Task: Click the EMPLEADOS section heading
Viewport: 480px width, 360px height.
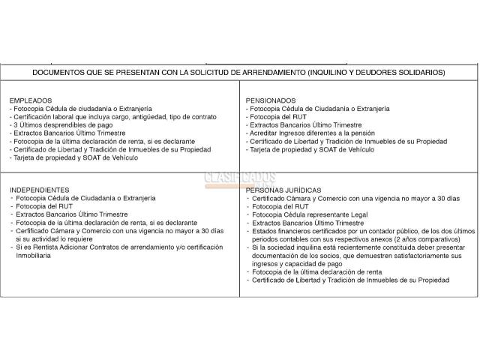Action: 31,100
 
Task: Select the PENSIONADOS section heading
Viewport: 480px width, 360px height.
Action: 271,100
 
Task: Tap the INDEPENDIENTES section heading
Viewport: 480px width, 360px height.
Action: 40,190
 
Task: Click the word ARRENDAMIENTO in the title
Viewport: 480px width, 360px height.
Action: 262,73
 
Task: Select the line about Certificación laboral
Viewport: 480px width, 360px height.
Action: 112,117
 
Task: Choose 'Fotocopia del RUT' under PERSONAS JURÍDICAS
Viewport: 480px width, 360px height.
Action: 280,206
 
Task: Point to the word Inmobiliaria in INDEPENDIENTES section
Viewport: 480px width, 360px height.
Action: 34,256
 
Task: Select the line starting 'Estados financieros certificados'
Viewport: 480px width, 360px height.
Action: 360,231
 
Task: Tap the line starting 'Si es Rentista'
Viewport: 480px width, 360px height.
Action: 117,247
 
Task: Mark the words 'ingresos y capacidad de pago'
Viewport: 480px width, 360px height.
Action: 298,263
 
